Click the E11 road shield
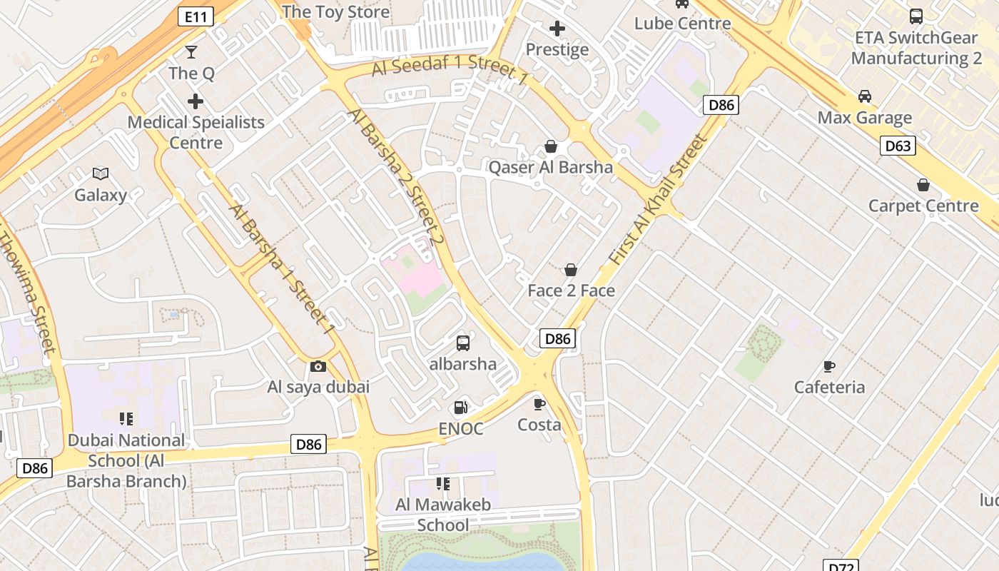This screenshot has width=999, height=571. point(196,17)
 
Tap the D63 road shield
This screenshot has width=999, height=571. point(898,146)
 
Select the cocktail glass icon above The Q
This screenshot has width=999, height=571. point(191,51)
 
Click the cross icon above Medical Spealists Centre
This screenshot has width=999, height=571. point(196,101)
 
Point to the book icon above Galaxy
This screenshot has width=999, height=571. point(101,173)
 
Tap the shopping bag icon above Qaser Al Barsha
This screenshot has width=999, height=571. point(551,147)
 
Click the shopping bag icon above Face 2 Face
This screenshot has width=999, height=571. point(571,270)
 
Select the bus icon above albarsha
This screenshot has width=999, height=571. point(463,343)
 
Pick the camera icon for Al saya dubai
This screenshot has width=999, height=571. point(318,367)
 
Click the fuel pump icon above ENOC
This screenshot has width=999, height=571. point(461,408)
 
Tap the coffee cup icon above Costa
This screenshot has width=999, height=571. point(539,404)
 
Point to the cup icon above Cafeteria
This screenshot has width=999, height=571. point(829,366)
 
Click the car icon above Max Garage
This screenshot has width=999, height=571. point(865,96)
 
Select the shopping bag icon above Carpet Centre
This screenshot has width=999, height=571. point(923,186)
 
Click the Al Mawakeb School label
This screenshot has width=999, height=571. point(443,515)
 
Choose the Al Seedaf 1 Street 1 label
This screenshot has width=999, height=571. point(450,69)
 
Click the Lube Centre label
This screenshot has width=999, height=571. point(683,24)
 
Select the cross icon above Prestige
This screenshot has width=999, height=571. point(557,29)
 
